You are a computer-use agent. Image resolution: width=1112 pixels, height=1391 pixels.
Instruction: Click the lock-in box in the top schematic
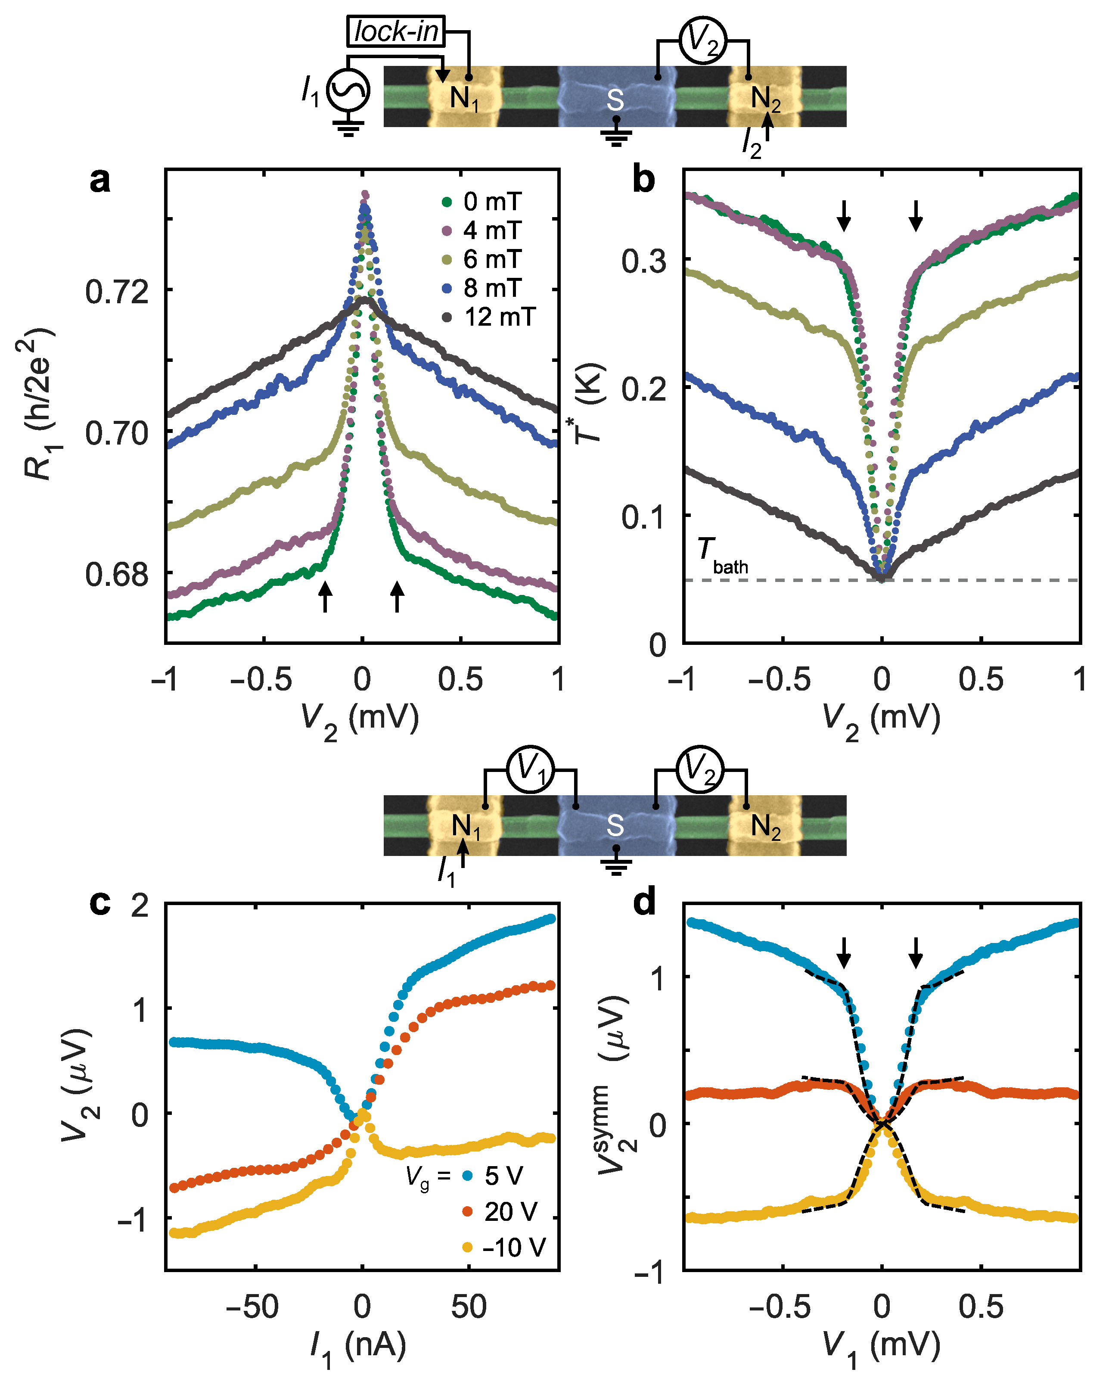click(x=396, y=31)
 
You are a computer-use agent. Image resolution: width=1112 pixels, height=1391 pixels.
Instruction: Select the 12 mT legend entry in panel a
click(x=490, y=317)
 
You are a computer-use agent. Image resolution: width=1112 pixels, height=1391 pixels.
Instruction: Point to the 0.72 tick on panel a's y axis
click(x=117, y=292)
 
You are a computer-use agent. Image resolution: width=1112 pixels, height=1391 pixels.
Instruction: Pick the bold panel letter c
click(x=100, y=902)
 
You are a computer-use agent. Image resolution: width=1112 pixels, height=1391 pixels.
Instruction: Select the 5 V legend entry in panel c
click(x=494, y=1176)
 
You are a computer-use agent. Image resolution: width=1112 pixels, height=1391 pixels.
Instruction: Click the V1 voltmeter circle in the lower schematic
click(x=530, y=769)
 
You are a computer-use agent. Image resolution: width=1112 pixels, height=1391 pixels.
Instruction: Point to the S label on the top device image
click(x=615, y=100)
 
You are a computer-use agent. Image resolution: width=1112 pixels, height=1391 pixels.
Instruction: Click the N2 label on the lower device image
click(x=766, y=827)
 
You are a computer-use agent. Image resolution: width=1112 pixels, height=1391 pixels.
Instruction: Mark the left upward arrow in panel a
click(x=326, y=595)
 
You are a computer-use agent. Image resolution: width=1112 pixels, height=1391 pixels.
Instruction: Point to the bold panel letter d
click(x=644, y=902)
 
